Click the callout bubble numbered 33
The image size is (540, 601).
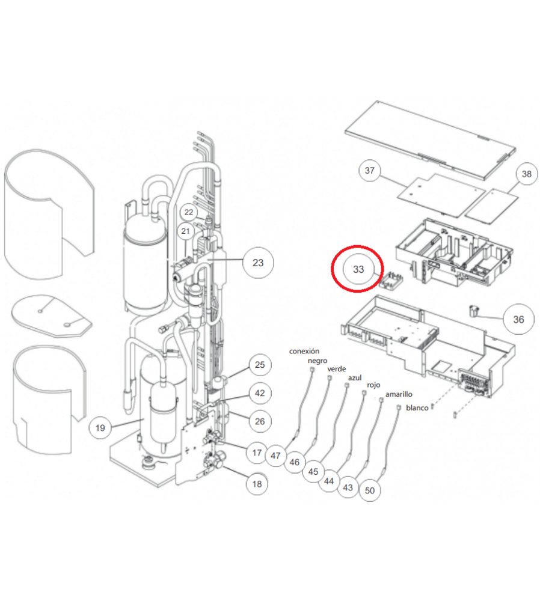358,269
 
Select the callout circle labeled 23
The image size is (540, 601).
258,263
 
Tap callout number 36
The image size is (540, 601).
518,319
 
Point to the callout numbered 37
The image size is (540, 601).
370,171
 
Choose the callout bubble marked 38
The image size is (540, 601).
527,174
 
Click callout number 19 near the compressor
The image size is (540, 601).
100,428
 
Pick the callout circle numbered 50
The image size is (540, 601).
370,490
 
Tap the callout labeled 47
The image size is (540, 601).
276,456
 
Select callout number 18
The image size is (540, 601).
257,484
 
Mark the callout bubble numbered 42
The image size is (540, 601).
260,393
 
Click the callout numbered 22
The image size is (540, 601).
189,212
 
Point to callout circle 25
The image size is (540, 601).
260,365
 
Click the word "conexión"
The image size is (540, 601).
304,351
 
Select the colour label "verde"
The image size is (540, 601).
337,369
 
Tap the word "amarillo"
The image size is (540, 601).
399,394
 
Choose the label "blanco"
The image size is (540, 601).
417,408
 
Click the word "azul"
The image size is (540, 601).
355,377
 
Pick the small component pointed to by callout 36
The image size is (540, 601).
474,311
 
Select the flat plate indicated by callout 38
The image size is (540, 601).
492,206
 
